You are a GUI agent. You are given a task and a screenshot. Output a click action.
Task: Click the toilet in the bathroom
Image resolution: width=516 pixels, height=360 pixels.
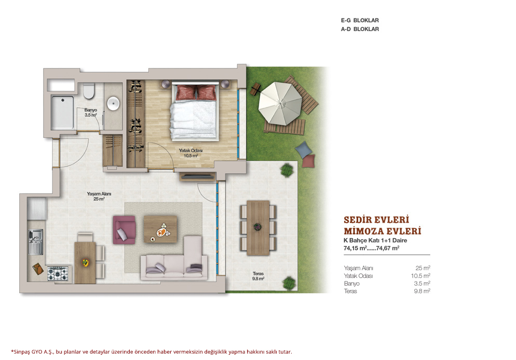(x=89, y=91)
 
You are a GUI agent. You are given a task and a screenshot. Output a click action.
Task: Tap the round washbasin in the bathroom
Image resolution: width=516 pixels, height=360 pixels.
(x=113, y=103)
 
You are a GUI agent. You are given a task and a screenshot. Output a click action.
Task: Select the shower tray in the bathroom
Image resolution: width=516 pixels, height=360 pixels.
(x=62, y=113)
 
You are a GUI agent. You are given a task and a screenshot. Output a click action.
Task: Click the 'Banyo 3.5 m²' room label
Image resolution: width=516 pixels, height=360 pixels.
(x=90, y=113)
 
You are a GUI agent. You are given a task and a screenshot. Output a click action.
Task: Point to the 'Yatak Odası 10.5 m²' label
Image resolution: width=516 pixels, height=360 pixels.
(x=191, y=153)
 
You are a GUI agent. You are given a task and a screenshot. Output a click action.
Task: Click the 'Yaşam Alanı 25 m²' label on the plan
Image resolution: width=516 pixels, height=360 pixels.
(x=99, y=196)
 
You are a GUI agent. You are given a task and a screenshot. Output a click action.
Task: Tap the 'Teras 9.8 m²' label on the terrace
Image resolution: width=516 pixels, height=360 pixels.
(x=259, y=276)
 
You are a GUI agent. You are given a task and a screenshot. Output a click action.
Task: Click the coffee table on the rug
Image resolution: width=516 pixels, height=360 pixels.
(x=160, y=229)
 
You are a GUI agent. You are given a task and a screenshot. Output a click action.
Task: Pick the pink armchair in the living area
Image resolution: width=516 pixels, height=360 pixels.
(x=124, y=230)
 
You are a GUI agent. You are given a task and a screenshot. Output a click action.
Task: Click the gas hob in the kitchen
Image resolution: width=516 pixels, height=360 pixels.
(x=58, y=273)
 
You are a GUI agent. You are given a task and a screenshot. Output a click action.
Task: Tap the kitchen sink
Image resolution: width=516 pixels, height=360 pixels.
(x=35, y=242)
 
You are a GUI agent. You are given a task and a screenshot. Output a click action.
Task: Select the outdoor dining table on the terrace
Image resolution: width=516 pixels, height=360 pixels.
(x=259, y=228)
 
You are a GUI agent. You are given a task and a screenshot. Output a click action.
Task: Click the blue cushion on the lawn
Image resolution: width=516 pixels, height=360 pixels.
(x=303, y=149)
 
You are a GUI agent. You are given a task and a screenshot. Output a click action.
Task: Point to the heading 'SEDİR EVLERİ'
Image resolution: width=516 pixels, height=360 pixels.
(x=376, y=219)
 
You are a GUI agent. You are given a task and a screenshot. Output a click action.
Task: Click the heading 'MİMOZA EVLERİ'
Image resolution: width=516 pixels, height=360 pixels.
(x=383, y=231)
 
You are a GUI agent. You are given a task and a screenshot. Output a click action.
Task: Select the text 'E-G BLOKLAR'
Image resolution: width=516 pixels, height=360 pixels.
(x=360, y=20)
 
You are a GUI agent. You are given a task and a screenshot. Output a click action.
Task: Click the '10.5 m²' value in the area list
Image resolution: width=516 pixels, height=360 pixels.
(x=420, y=275)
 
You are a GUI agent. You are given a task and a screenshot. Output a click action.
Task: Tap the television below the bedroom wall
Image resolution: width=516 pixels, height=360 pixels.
(x=197, y=177)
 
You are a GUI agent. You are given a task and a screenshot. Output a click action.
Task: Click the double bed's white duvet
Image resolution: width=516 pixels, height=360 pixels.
(x=194, y=120)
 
